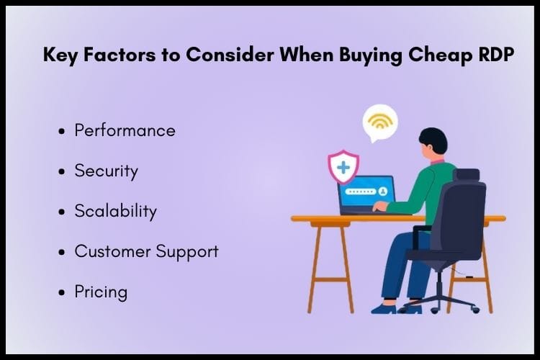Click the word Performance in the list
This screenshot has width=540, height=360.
coord(125,131)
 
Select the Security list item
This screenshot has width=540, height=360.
coord(106,171)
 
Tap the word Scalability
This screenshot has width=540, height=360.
coord(115,212)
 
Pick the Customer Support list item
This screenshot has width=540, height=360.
coord(146,252)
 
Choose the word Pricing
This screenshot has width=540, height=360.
coord(101,292)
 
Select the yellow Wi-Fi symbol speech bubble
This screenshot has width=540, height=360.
coord(379,122)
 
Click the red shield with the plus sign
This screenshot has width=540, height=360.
coord(343,168)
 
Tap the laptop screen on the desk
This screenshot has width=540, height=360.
coord(366,193)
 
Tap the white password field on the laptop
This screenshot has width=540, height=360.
coord(360,192)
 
